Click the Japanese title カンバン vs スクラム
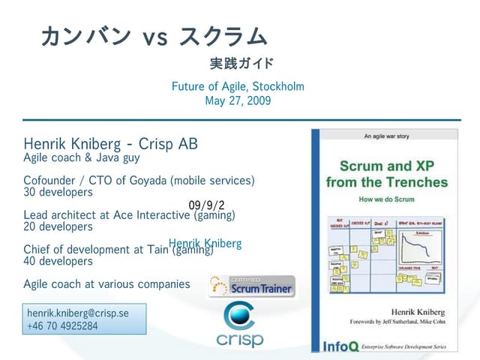point(154,35)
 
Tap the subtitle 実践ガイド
point(241,63)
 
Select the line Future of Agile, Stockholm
point(238,86)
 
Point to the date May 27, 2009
point(238,100)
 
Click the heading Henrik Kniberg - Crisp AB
point(110,143)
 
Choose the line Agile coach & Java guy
point(82,157)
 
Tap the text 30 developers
point(58,191)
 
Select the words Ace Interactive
point(148,215)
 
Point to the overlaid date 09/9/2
point(206,205)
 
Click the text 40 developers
point(58,261)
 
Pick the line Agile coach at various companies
point(106,284)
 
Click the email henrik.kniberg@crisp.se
point(78,313)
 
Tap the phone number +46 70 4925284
point(62,325)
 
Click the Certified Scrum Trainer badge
point(253,286)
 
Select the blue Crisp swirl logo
point(240,316)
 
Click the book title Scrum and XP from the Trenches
point(386,173)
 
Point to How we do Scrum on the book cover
point(386,200)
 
